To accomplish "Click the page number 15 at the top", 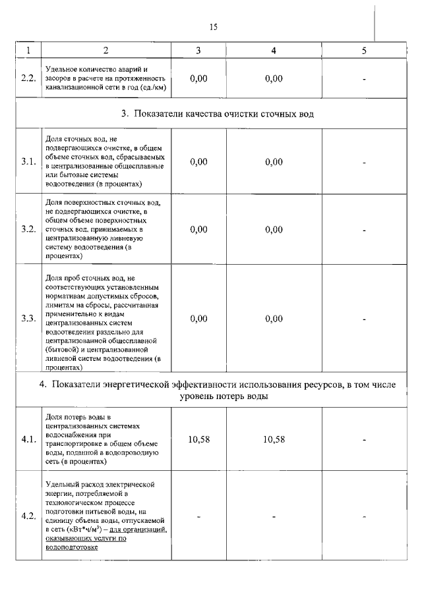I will [213, 27].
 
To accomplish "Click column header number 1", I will [28, 51].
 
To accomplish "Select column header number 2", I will [105, 51].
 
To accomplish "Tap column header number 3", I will [198, 51].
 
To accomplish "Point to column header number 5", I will [364, 51].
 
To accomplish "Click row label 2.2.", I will [28, 78].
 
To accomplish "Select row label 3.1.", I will [28, 162].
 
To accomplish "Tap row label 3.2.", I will [28, 229].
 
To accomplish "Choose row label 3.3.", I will [28, 318].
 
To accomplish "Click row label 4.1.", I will [28, 440].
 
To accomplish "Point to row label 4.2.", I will [28, 516].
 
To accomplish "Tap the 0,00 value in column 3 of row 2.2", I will [198, 78].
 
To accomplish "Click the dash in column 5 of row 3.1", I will [364, 162].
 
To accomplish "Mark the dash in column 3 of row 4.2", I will [198, 516].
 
